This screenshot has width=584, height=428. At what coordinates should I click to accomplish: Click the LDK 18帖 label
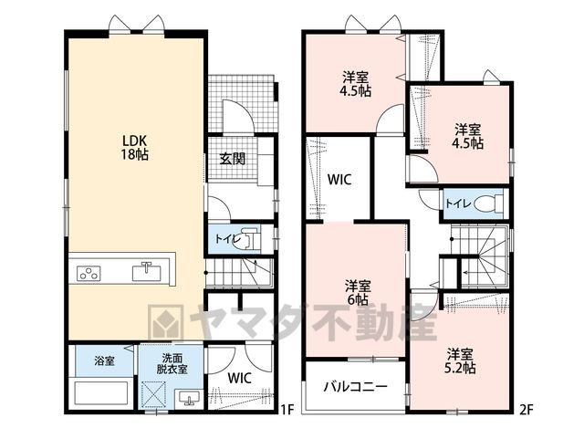pos(134,148)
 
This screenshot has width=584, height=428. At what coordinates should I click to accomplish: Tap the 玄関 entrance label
pos(233,159)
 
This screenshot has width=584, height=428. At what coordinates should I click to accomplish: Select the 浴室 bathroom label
pos(104,360)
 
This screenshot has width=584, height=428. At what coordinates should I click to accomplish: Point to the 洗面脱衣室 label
pos(172,363)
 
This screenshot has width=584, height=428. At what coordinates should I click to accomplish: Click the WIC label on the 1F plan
pos(239,378)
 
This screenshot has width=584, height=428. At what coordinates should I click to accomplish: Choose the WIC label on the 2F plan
pos(339,180)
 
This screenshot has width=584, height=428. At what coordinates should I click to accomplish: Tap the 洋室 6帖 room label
pos(358,293)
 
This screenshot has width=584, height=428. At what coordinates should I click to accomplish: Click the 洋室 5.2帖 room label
pos(460,360)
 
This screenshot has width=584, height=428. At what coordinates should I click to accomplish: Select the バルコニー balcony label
pos(355,387)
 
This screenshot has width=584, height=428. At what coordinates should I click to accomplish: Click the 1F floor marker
pos(287,410)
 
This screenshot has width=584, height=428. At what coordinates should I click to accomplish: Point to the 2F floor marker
pos(527,410)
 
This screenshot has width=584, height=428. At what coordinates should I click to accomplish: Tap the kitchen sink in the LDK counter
pos(147,272)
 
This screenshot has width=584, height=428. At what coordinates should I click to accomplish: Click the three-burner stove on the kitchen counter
pos(89,274)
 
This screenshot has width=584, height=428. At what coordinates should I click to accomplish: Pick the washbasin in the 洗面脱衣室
pos(189,398)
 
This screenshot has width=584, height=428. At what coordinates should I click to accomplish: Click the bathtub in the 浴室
pos(100,394)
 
